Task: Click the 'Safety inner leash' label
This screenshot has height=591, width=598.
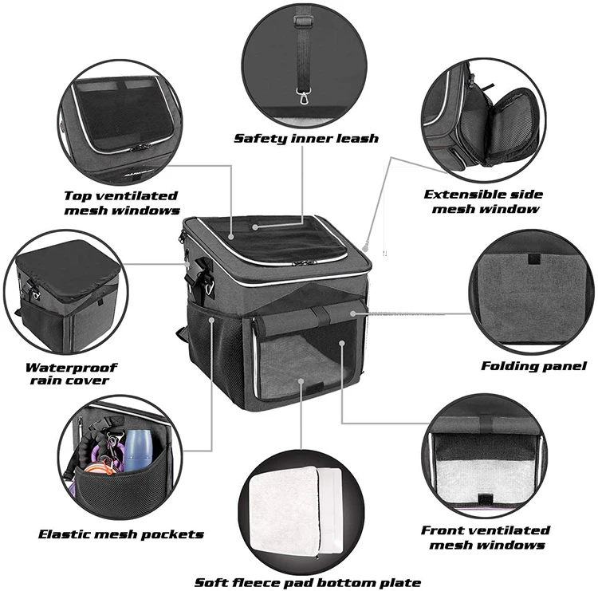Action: (305, 138)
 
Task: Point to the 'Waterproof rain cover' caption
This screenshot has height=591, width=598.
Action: (71, 374)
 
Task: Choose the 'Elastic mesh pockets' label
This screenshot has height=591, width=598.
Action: (121, 534)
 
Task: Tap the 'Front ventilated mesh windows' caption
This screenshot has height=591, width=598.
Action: (486, 537)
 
